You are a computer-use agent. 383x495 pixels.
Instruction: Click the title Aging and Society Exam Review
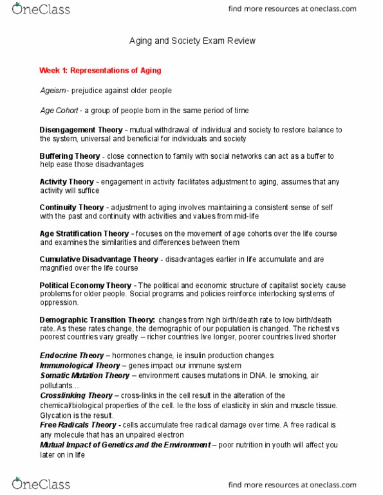point(191,40)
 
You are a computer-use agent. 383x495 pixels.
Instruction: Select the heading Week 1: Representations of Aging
point(100,70)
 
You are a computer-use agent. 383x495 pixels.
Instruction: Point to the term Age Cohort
point(60,111)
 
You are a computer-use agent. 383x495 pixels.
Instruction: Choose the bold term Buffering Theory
point(70,156)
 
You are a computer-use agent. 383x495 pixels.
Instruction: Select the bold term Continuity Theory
point(71,208)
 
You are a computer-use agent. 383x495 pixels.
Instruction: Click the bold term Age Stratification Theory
point(84,233)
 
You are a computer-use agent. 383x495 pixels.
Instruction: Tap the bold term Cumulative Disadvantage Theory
point(98,259)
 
